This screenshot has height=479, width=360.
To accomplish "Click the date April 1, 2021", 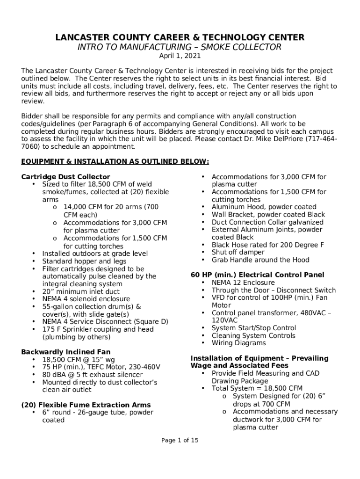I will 180,56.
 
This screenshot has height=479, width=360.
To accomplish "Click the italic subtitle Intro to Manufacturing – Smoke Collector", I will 180,47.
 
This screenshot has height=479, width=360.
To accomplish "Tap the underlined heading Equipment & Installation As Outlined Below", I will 115,161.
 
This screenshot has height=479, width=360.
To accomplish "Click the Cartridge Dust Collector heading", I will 65,177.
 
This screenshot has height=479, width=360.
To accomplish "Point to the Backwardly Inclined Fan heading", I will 65,352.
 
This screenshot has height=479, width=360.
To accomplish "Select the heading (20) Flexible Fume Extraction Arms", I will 86,405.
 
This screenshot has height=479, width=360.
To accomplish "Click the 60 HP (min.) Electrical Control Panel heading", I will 257,275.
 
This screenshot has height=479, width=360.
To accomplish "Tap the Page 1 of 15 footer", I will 180,440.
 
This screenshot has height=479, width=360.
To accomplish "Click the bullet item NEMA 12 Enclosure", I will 243,283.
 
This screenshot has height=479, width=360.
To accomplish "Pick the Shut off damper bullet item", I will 238,252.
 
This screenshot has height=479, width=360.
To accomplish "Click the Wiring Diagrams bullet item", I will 238,343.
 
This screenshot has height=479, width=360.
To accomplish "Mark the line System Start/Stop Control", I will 253,328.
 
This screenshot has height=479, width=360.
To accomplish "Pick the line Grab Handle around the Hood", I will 260,260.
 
